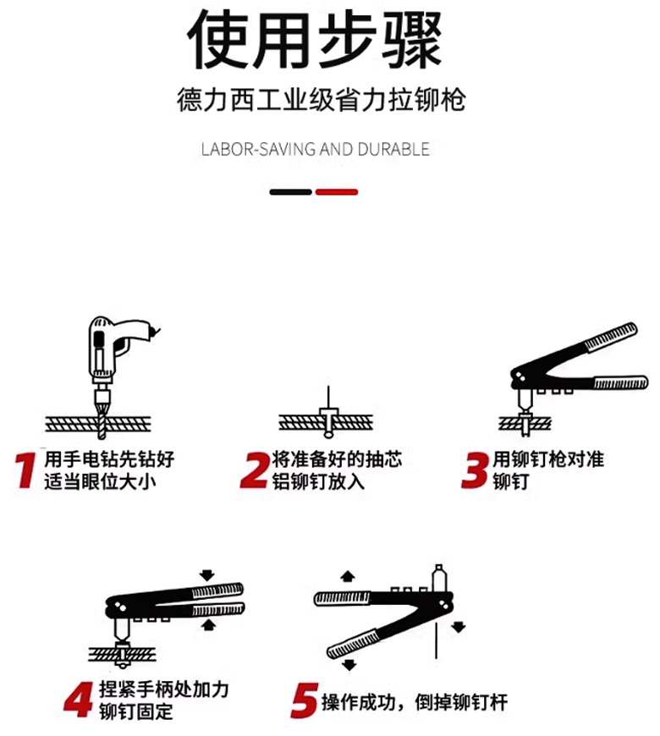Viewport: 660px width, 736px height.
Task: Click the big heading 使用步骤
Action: tap(315, 40)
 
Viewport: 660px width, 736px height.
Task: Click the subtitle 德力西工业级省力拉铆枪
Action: tap(321, 100)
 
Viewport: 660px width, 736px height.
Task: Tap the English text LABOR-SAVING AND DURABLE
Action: tap(315, 149)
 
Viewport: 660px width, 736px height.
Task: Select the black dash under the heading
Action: tap(290, 192)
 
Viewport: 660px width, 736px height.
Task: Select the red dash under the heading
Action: tap(337, 192)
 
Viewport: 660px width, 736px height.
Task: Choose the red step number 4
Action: tap(79, 700)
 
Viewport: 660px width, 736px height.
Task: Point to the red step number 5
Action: tap(304, 700)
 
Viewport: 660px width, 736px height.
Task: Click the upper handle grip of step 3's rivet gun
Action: tap(610, 337)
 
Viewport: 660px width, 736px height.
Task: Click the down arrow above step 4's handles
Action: tap(207, 575)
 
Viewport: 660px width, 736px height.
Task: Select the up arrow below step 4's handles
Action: tap(209, 625)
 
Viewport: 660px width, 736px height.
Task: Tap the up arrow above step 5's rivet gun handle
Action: tap(348, 576)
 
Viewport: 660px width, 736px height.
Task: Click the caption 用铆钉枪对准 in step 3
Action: tap(548, 459)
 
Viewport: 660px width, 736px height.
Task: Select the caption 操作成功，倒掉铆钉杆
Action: tap(415, 702)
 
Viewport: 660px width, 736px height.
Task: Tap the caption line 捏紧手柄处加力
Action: tap(164, 689)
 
